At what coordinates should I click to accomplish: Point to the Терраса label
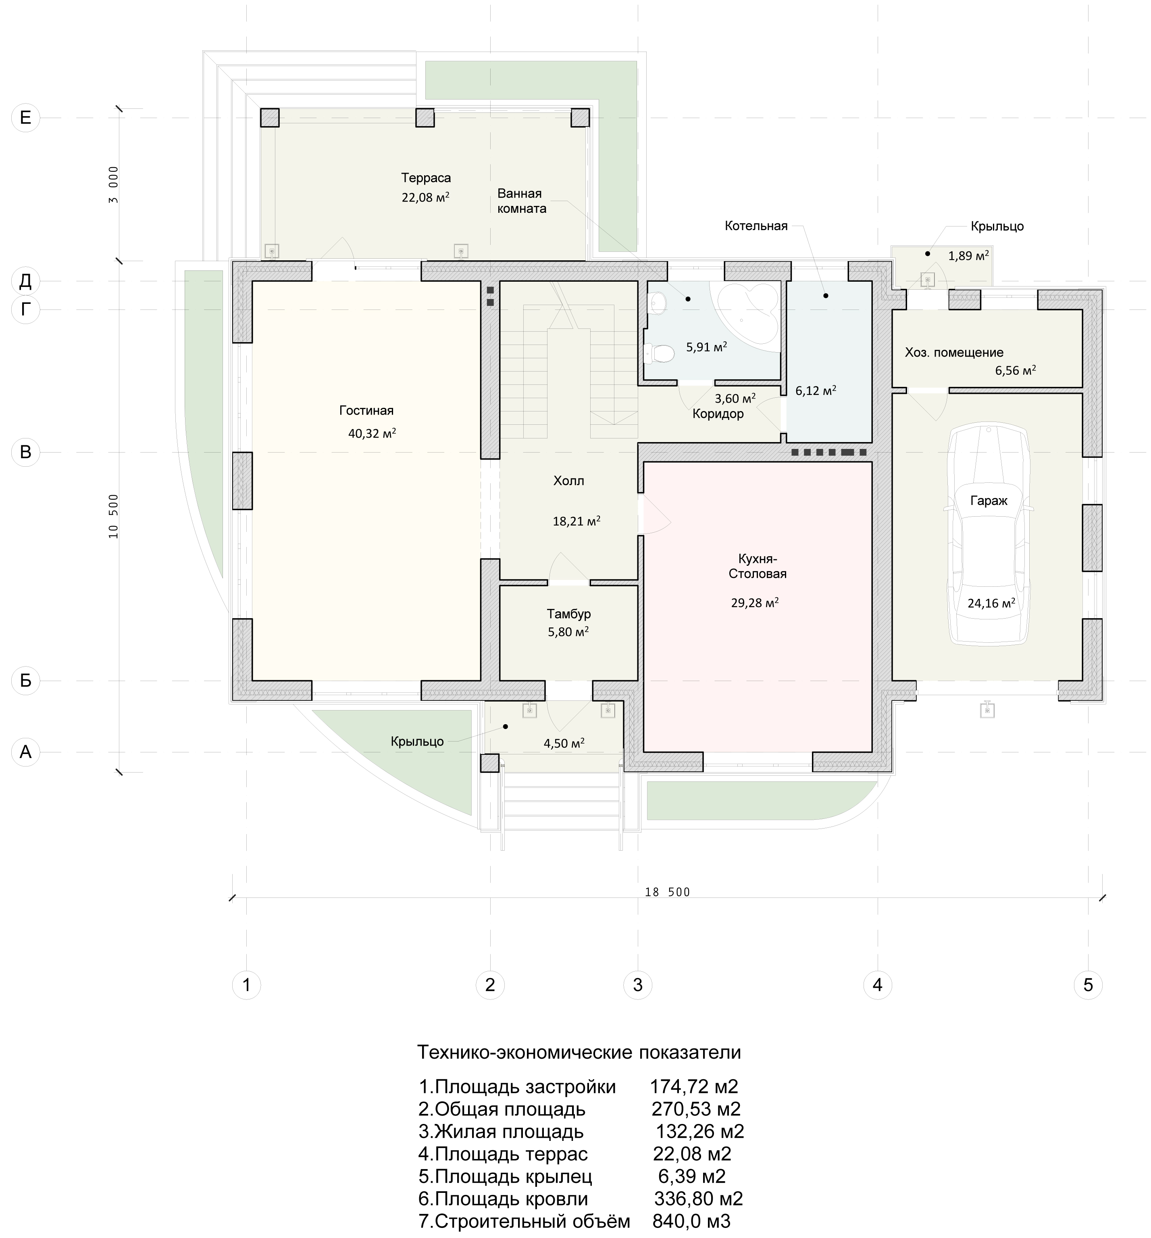pyautogui.click(x=426, y=178)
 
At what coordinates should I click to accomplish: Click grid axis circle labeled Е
pyautogui.click(x=25, y=118)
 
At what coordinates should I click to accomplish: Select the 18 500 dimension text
pyautogui.click(x=668, y=892)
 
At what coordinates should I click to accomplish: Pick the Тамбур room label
pyautogui.click(x=569, y=613)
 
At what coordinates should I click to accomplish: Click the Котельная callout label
pyautogui.click(x=756, y=226)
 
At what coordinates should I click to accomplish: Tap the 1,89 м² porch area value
pyautogui.click(x=968, y=255)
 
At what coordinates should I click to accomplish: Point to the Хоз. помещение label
pyautogui.click(x=954, y=353)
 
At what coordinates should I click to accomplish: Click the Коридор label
pyautogui.click(x=718, y=413)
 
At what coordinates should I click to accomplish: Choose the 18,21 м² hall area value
pyautogui.click(x=576, y=521)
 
